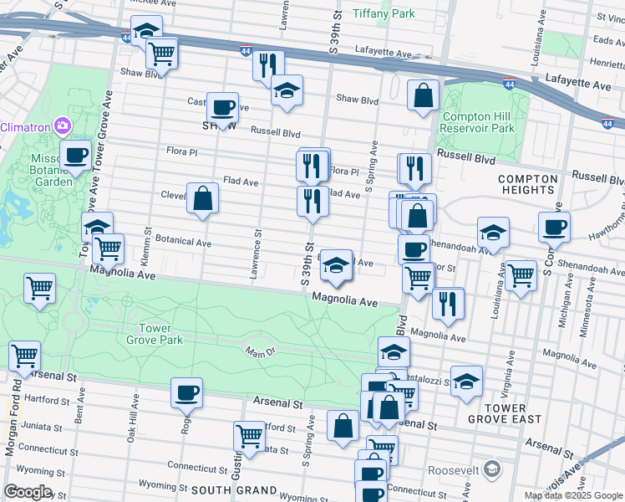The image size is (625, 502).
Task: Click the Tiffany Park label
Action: pos(384,13)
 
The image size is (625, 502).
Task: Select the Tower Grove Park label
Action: pos(155,334)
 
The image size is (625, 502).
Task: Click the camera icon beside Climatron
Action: pos(62,126)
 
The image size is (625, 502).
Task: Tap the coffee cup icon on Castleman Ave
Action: pos(222,107)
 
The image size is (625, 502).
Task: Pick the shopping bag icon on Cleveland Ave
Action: pos(202,199)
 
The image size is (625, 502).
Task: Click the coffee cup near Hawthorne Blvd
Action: pos(553,227)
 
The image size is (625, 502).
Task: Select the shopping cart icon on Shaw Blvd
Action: pos(161,54)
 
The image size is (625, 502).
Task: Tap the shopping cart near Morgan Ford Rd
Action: pos(24,356)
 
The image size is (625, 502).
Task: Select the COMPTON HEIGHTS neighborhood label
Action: pos(527,185)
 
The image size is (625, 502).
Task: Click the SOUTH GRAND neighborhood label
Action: pos(234,489)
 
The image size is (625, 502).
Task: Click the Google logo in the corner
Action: pos(28,492)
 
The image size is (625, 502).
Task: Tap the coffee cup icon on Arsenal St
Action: pos(186,392)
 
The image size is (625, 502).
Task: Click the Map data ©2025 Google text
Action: pos(574,495)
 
